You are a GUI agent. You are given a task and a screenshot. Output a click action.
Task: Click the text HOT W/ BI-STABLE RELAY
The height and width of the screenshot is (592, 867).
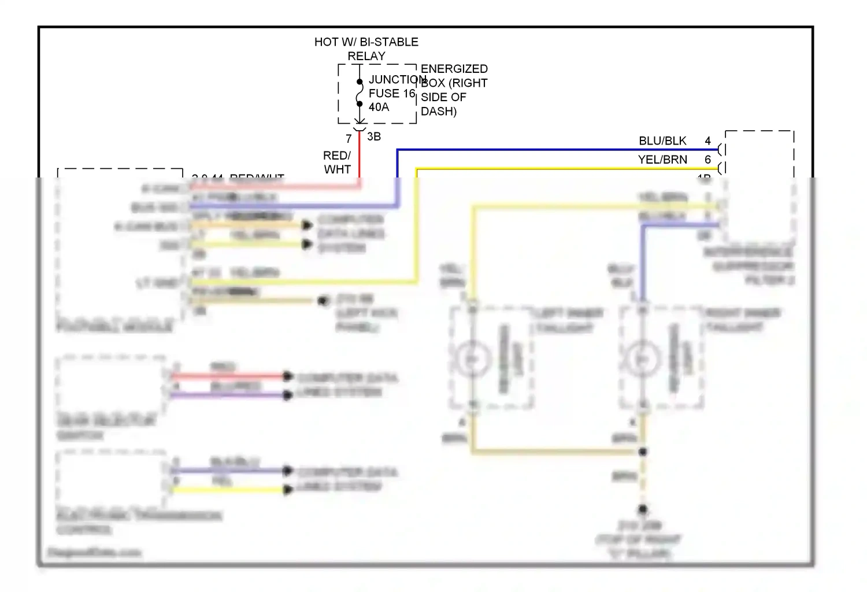(366, 49)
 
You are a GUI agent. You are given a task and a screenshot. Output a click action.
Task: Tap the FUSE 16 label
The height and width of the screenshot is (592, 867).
(392, 93)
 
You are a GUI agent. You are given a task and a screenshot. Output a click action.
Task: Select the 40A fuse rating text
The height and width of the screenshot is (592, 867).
(379, 107)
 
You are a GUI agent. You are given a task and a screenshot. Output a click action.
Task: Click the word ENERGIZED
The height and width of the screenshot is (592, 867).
(454, 69)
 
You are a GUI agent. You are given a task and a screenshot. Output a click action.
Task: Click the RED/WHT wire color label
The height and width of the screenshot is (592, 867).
(337, 162)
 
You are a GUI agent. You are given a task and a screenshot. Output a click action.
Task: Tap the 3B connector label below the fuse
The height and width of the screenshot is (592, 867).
(374, 137)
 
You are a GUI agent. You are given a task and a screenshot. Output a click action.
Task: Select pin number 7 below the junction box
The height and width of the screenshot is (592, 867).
(349, 139)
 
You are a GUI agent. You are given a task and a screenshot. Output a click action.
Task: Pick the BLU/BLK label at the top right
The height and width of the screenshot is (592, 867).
(662, 141)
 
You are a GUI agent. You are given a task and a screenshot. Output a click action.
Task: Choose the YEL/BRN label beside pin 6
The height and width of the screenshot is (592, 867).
(662, 160)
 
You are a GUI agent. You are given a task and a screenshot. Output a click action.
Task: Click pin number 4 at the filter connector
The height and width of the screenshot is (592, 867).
(707, 141)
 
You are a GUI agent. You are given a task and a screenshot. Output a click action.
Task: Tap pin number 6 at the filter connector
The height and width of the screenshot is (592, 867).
(707, 160)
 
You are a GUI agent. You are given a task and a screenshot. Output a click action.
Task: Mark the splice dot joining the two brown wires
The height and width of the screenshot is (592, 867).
(642, 452)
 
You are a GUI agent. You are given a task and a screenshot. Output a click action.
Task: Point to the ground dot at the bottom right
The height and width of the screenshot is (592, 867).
(642, 509)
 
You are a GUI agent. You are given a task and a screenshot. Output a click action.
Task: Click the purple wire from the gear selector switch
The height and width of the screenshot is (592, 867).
(231, 395)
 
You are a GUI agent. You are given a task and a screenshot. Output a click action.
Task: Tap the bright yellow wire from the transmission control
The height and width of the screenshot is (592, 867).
(231, 490)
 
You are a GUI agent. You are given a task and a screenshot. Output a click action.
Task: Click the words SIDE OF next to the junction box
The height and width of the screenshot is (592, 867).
(443, 97)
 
